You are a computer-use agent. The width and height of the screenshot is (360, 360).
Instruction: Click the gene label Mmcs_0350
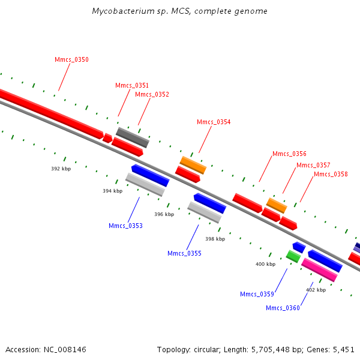(x=71, y=60)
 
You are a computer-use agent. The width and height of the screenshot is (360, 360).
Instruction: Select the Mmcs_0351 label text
(x=132, y=85)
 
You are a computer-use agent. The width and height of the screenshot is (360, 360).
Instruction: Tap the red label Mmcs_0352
(x=152, y=94)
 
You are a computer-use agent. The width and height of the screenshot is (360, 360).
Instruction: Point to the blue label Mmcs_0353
(x=125, y=226)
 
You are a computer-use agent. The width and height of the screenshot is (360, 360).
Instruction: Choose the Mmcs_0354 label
(x=214, y=122)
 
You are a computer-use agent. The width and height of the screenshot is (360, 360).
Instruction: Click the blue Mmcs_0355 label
(x=184, y=253)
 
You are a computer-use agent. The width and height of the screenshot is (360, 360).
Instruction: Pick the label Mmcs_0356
(x=289, y=154)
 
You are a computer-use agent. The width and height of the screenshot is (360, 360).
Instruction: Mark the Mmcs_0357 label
(x=313, y=165)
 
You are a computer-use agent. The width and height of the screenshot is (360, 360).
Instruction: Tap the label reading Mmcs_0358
(x=331, y=174)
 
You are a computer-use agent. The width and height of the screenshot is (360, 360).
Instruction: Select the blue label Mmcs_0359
(x=257, y=294)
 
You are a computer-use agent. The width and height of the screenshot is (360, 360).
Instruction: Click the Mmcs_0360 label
(x=283, y=308)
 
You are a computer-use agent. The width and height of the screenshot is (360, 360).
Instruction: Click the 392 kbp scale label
(x=61, y=169)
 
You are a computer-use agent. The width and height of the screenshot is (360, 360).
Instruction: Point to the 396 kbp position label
(x=164, y=214)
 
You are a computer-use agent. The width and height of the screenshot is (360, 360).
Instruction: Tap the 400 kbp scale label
(x=265, y=264)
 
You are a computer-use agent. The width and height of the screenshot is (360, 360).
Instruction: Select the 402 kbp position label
(x=316, y=290)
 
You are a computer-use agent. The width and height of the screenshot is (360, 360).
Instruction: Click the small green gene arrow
(x=293, y=256)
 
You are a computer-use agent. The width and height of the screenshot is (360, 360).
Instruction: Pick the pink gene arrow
(x=319, y=270)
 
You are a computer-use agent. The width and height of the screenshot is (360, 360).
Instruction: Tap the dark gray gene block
(x=132, y=137)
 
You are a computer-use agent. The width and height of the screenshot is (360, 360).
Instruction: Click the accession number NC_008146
(x=63, y=349)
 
